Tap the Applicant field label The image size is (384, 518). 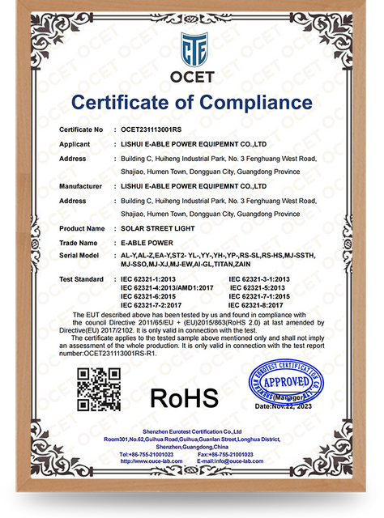[x=75, y=144]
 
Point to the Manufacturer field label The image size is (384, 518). [x=80, y=186]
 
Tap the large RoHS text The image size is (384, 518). [x=184, y=397]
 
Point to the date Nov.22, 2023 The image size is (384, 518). [x=286, y=405]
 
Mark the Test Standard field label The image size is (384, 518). [x=80, y=278]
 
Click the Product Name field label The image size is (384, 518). [x=80, y=229]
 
